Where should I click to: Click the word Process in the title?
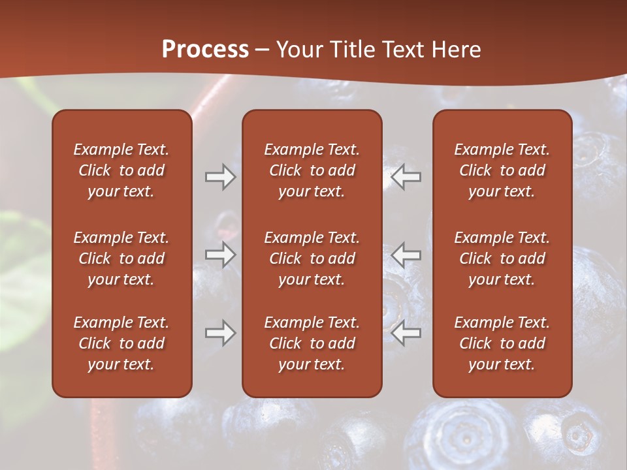point(205,49)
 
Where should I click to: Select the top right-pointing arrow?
point(220,177)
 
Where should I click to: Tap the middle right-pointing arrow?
point(220,255)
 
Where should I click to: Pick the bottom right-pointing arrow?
point(220,334)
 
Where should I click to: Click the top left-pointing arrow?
point(406,177)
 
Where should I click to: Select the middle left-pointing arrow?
point(406,255)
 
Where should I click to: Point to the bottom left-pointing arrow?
point(406,334)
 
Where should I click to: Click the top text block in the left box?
point(121,170)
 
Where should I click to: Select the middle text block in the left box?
point(121,258)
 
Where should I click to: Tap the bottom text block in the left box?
point(121,343)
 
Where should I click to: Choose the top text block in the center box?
point(312,170)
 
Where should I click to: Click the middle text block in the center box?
point(312,258)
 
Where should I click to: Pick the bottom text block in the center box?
point(312,343)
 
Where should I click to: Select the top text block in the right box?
point(502,170)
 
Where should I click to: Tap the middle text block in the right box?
point(502,258)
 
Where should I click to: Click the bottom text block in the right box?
point(502,343)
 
